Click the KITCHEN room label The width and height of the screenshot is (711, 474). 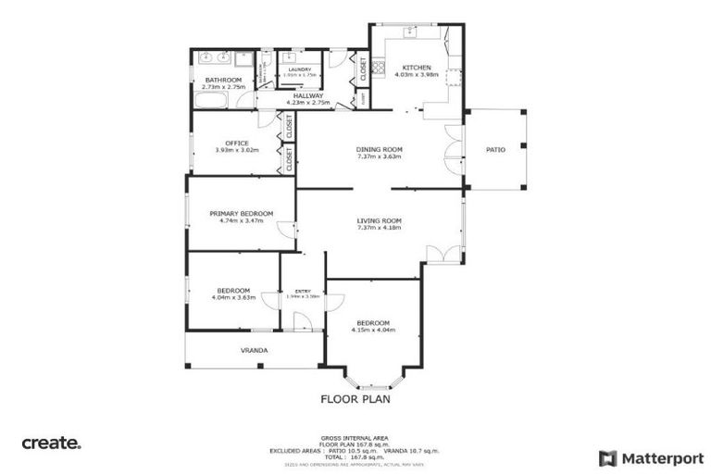coord(416,68)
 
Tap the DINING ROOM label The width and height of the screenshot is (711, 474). coord(380,149)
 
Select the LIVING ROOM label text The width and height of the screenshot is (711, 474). coord(380,220)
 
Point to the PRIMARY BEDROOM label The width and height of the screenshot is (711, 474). coord(241,213)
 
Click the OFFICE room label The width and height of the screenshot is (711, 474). coord(236,143)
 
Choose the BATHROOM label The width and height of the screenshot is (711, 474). coord(223,81)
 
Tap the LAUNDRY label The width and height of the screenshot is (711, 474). coord(299,69)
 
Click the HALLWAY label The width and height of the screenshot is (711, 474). coord(308,95)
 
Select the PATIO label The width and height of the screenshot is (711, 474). coord(496,149)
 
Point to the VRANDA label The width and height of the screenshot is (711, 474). coord(255,351)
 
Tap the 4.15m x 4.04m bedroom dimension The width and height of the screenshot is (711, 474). coord(373,330)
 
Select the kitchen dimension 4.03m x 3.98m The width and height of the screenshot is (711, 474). coord(416,76)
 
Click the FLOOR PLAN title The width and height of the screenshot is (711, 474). coord(355,400)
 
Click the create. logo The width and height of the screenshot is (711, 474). coord(52,443)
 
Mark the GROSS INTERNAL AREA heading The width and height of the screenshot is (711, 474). coord(355,437)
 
